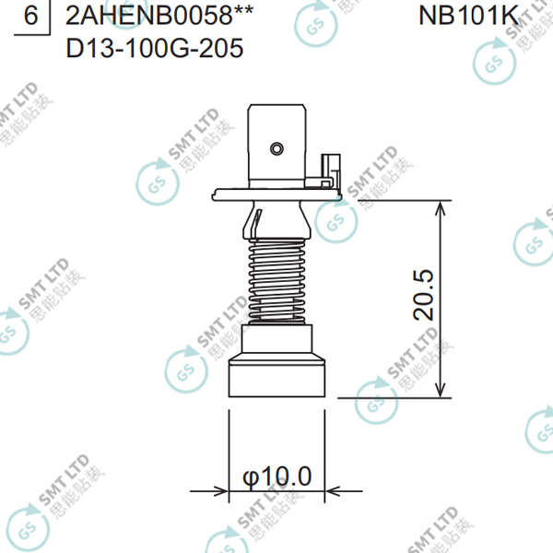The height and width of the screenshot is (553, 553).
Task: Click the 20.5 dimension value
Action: (425, 295)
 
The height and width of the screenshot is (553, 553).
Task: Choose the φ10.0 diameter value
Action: (276, 477)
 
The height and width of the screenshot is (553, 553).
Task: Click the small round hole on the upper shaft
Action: (276, 147)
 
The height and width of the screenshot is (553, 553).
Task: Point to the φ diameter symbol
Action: (250, 477)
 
